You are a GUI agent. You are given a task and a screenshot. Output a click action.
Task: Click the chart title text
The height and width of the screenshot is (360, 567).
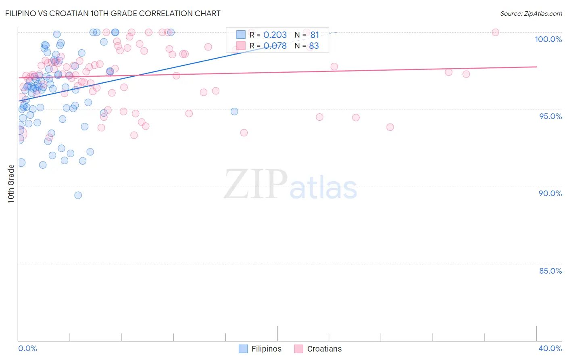(x=113, y=13)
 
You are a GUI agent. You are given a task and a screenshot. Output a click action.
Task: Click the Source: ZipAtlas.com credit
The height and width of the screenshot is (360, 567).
(x=531, y=13)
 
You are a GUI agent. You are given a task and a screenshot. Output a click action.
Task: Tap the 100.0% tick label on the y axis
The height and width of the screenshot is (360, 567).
(x=548, y=39)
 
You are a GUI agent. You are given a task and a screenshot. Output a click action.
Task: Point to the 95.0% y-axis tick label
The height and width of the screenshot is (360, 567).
(x=550, y=116)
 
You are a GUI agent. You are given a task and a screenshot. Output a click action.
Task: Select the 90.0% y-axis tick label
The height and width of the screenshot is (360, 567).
(x=550, y=193)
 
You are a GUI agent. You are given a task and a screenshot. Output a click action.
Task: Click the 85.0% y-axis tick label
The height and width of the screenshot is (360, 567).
(x=550, y=271)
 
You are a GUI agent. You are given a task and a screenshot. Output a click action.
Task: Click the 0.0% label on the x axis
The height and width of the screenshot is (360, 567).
(x=27, y=348)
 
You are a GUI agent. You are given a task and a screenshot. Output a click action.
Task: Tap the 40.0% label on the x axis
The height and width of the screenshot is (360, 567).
(x=550, y=348)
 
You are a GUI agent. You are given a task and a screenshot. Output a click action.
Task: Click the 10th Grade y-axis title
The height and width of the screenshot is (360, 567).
(x=11, y=184)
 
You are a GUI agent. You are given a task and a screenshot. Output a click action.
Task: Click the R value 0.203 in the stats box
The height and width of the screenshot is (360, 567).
(x=275, y=35)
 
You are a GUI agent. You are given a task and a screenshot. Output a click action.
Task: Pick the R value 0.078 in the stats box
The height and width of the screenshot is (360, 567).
(x=275, y=46)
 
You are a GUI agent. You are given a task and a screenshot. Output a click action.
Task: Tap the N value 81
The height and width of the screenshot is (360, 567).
(x=315, y=35)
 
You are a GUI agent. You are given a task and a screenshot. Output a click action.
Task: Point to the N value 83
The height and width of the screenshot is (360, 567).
(x=314, y=46)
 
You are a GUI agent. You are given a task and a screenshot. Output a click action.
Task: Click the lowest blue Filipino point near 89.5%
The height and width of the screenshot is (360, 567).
(x=78, y=195)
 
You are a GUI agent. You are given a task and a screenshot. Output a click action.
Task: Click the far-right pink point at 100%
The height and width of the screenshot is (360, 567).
(x=496, y=32)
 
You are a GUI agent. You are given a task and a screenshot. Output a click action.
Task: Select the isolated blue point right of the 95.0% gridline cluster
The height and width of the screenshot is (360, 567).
(x=234, y=111)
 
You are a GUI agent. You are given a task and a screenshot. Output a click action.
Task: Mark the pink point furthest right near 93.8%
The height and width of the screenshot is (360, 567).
(x=390, y=127)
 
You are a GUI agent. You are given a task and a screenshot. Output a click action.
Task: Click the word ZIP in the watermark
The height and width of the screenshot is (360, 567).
(x=256, y=185)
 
